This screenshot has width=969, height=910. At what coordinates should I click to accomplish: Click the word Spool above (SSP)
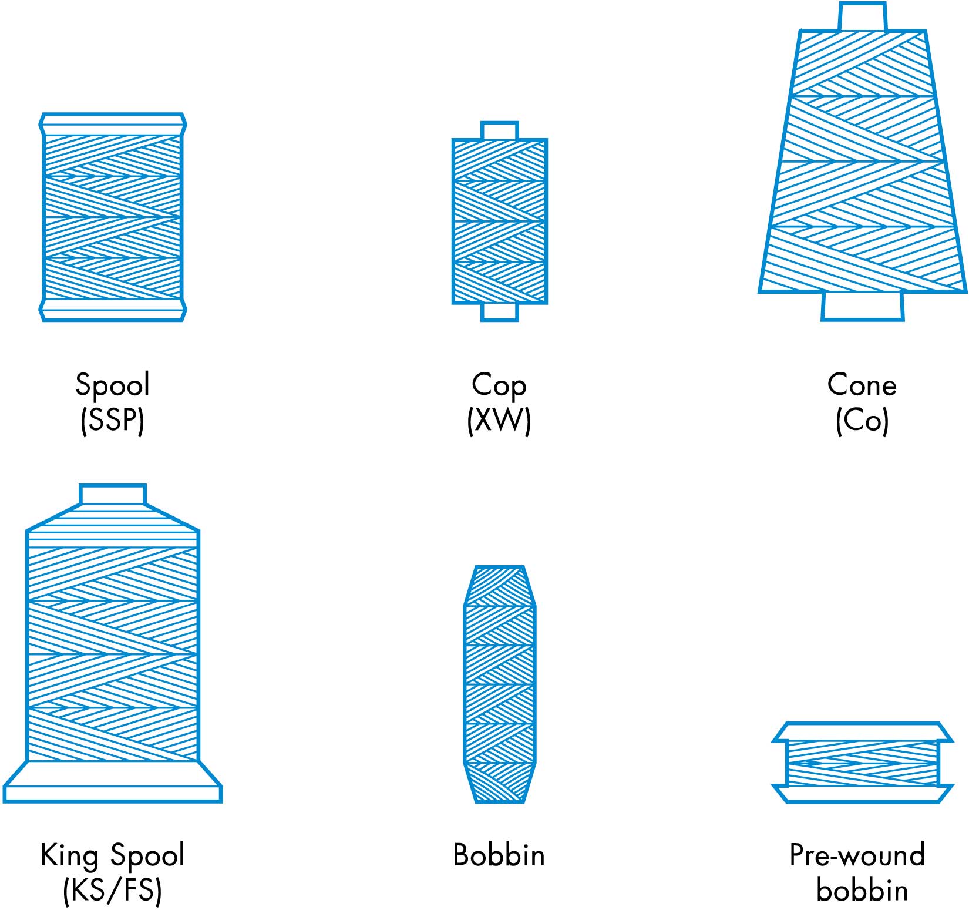click(113, 385)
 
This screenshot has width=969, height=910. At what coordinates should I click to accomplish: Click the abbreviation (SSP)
click(112, 421)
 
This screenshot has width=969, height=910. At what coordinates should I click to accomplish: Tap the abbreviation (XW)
click(499, 421)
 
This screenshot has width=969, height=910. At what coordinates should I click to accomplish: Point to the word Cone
click(862, 385)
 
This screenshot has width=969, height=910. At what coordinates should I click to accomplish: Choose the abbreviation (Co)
click(862, 421)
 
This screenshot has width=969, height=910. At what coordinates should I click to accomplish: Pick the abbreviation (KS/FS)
click(112, 891)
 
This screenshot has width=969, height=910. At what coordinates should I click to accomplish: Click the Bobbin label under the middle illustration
click(499, 855)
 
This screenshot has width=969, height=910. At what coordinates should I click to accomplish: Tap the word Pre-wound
click(857, 855)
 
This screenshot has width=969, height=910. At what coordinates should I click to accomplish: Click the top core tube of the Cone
click(862, 16)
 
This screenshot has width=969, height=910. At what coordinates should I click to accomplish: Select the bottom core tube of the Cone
click(862, 306)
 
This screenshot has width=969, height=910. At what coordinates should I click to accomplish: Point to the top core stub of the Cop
click(500, 130)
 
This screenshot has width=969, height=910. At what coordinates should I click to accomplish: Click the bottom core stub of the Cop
click(500, 312)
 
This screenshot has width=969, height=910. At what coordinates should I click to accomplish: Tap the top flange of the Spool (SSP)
click(113, 125)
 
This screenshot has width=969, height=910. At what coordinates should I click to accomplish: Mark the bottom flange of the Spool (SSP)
click(113, 310)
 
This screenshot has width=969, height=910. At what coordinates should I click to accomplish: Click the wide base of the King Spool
click(112, 782)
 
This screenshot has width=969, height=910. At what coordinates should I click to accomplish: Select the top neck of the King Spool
click(112, 495)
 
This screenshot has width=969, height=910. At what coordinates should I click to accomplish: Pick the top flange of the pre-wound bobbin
click(862, 732)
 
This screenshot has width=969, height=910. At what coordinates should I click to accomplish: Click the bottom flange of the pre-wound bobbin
click(862, 794)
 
